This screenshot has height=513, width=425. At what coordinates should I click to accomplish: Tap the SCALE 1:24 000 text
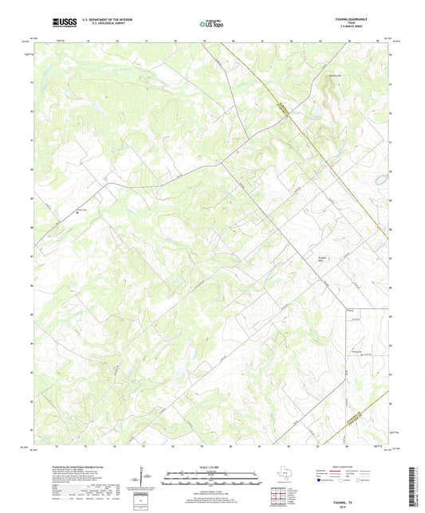click(x=212, y=468)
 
